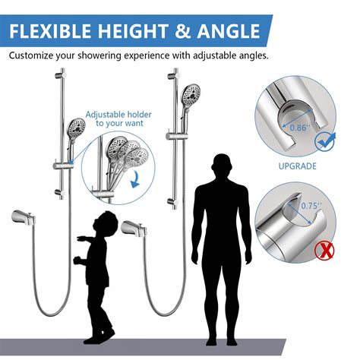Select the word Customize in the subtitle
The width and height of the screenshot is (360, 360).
click(x=33, y=56)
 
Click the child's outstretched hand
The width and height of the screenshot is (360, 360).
click(x=77, y=259)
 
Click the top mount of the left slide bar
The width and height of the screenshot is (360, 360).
click(x=62, y=75)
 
